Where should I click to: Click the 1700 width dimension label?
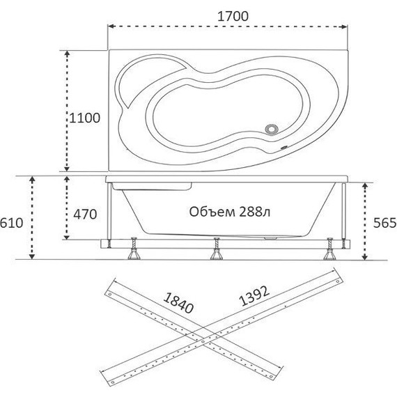click(233, 17)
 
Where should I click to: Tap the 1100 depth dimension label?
click(84, 118)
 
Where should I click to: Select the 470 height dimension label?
click(85, 215)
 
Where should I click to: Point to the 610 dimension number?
click(11, 223)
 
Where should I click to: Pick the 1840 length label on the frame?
click(178, 303)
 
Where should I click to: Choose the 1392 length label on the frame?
click(254, 296)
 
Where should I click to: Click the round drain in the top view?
click(272, 129)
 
